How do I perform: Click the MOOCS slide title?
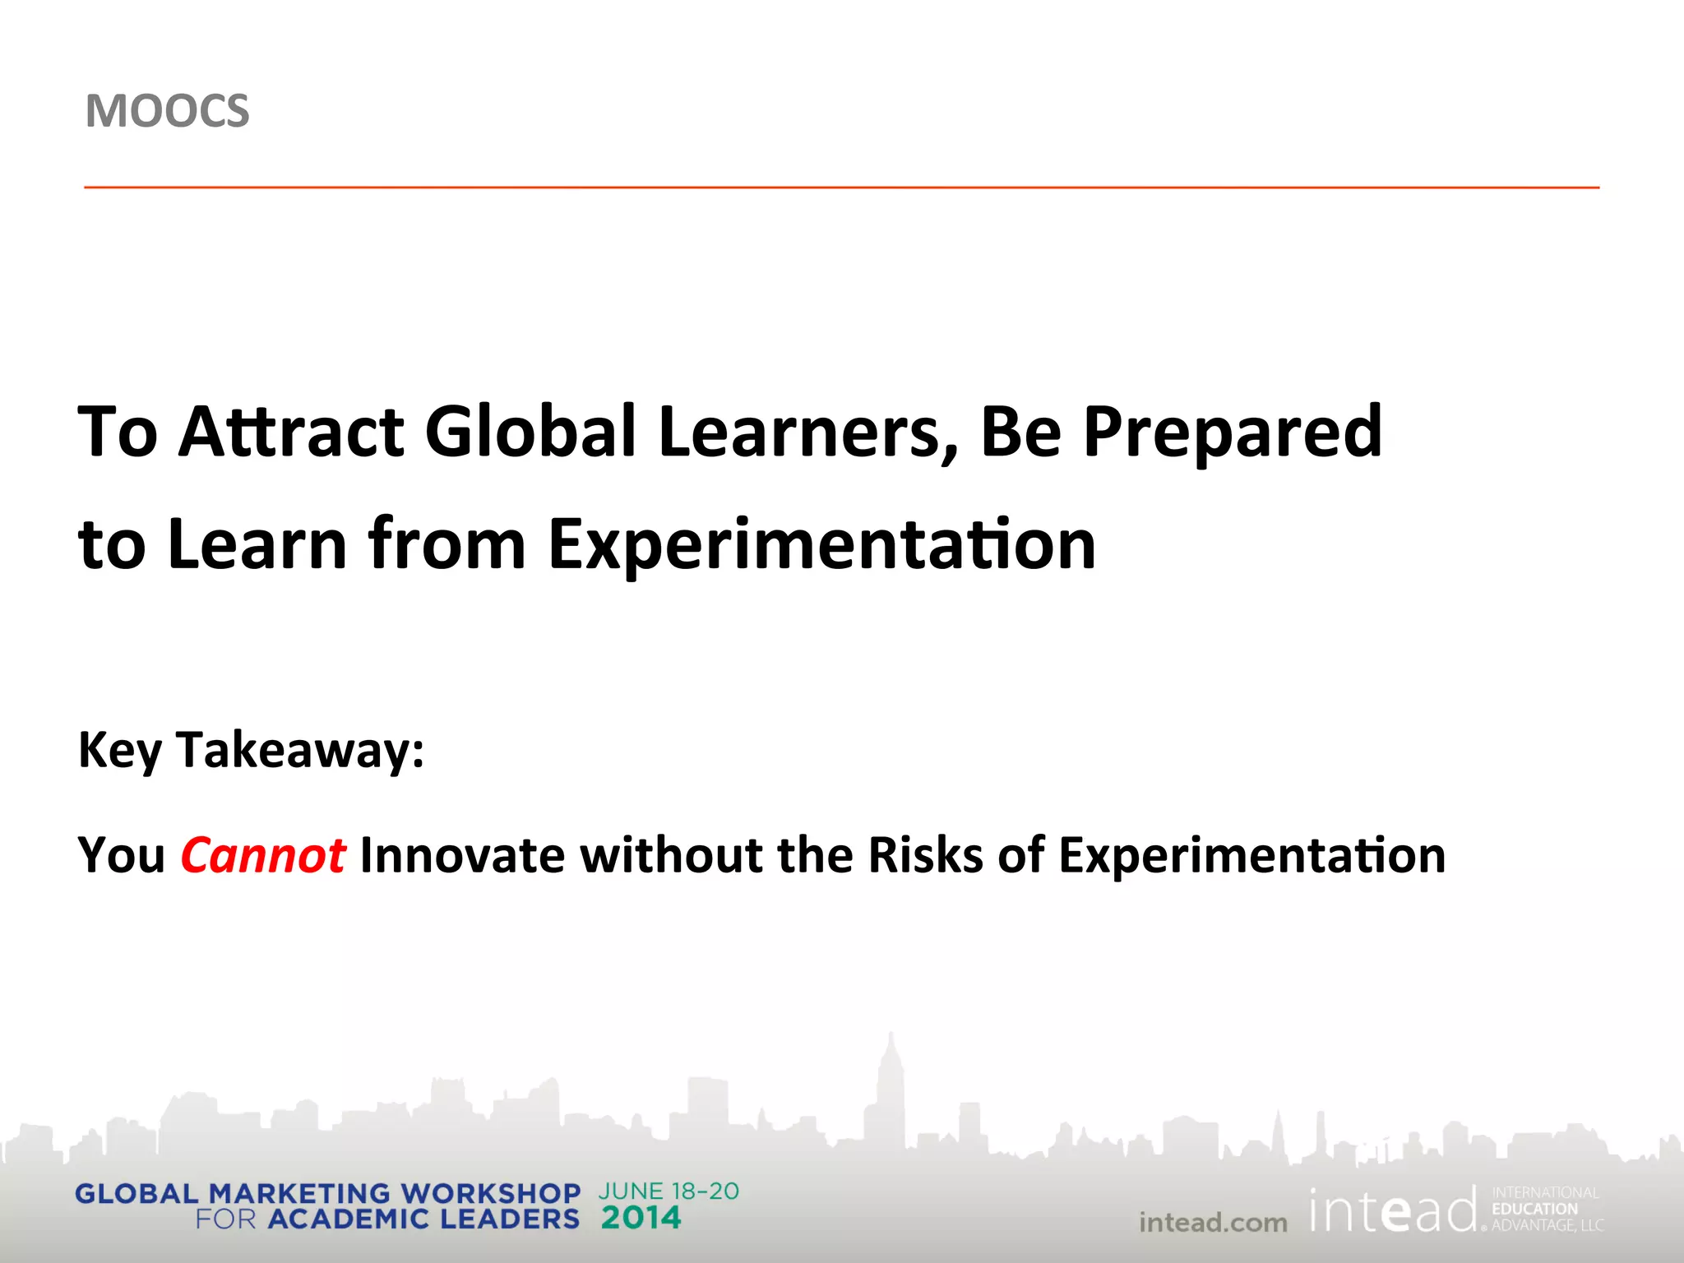click(167, 111)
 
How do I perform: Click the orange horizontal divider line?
click(841, 187)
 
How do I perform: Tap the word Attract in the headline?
click(291, 432)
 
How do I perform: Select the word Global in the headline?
click(531, 432)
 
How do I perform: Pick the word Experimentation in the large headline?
click(821, 545)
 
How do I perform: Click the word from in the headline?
click(447, 544)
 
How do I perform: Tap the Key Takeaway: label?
click(251, 750)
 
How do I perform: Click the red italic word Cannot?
click(263, 855)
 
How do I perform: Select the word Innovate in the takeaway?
click(462, 855)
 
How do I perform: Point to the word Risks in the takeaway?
click(925, 855)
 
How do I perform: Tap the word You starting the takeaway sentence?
click(122, 855)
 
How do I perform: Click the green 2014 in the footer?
click(641, 1218)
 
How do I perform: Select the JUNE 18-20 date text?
click(669, 1191)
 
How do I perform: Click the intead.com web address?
click(1213, 1223)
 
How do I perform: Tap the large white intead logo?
click(1394, 1211)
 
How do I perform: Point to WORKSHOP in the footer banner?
click(490, 1193)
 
